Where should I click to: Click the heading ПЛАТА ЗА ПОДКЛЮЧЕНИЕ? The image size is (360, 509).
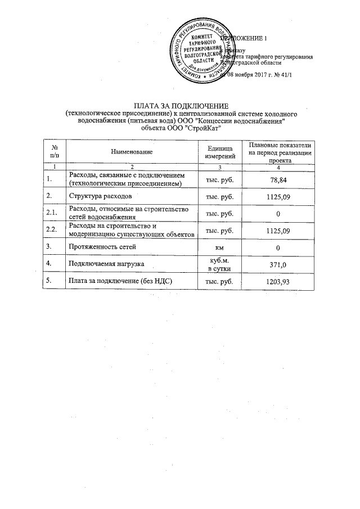point(179,106)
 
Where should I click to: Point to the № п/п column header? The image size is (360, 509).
point(54,152)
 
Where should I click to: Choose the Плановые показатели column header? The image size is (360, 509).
point(276,152)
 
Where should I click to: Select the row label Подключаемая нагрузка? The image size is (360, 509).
point(106,264)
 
